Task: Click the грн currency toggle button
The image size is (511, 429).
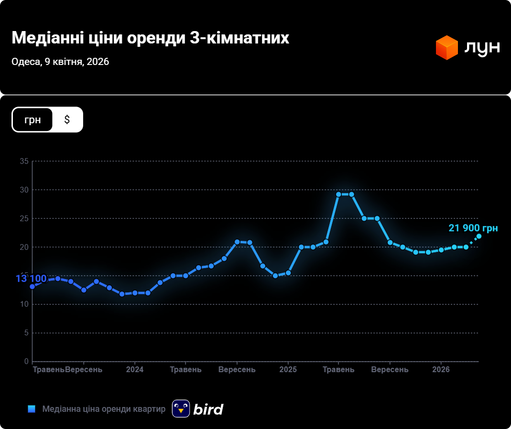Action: pyautogui.click(x=33, y=119)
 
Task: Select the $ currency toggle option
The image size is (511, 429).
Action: pyautogui.click(x=67, y=119)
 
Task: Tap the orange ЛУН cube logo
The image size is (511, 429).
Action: pyautogui.click(x=447, y=47)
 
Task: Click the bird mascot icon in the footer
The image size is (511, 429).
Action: pyautogui.click(x=181, y=408)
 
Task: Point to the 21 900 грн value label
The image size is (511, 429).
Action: pyautogui.click(x=473, y=228)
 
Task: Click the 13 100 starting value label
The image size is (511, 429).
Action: pyautogui.click(x=31, y=279)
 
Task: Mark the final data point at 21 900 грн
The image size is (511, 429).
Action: pyautogui.click(x=478, y=236)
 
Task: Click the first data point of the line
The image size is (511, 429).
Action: pyautogui.click(x=33, y=287)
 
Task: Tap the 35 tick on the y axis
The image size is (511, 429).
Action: pyautogui.click(x=24, y=161)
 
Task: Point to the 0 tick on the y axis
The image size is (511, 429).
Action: pyautogui.click(x=26, y=362)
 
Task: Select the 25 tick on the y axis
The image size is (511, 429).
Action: pyautogui.click(x=24, y=219)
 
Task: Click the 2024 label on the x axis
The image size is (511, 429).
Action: pyautogui.click(x=135, y=370)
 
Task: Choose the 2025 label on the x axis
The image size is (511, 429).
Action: pyautogui.click(x=288, y=370)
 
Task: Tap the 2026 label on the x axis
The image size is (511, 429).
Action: pyautogui.click(x=441, y=370)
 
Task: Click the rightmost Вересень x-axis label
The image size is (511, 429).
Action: pyautogui.click(x=390, y=370)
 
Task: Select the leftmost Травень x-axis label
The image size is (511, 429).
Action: pyautogui.click(x=48, y=370)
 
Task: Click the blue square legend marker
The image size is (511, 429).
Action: pyautogui.click(x=32, y=409)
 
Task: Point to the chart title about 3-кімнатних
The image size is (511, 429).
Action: pyautogui.click(x=150, y=38)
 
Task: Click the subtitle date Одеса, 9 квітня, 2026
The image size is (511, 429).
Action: pyautogui.click(x=60, y=62)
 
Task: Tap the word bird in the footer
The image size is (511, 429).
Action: pyautogui.click(x=208, y=409)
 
